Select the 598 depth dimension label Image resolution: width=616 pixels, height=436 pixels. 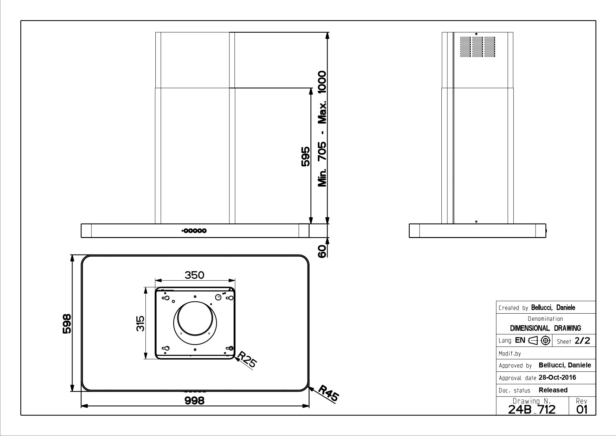tap(67, 323)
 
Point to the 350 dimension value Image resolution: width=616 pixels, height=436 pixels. tap(194, 275)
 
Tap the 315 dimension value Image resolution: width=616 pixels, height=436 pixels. tap(140, 323)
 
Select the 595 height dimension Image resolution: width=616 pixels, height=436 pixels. tap(305, 156)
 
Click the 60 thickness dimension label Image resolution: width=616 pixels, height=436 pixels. tap(322, 251)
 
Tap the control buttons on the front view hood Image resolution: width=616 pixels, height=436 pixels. tap(194, 231)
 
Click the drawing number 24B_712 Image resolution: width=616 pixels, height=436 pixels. tap(532, 409)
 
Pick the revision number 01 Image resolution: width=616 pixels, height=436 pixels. tap(582, 410)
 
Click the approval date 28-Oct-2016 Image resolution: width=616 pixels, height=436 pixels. tap(557, 378)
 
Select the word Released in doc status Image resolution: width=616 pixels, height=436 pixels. tap(553, 390)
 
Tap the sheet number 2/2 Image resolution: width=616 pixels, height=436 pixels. tap(582, 341)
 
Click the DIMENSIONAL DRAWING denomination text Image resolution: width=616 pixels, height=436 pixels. tap(545, 328)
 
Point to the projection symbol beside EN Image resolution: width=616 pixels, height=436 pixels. tap(539, 340)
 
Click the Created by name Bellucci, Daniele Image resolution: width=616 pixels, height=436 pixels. tap(553, 308)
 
